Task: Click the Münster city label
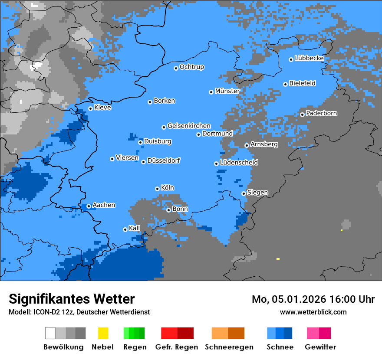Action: click(227, 91)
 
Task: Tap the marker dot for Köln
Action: click(157, 189)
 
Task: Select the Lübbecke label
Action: click(309, 58)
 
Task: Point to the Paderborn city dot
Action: click(302, 115)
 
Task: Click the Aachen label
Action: click(104, 205)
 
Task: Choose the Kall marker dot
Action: click(125, 229)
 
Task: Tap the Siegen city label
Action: click(257, 193)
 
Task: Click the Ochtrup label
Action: click(192, 67)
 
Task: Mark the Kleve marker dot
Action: click(90, 109)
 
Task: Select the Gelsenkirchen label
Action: click(189, 126)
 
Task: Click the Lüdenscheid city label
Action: click(239, 163)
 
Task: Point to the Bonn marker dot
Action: click(168, 210)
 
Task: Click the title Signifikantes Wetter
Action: click(72, 299)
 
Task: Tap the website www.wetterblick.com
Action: click(313, 312)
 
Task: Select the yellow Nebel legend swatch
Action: click(103, 333)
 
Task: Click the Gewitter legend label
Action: click(320, 347)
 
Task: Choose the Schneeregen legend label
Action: click(229, 347)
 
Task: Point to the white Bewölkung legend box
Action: click(50, 333)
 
